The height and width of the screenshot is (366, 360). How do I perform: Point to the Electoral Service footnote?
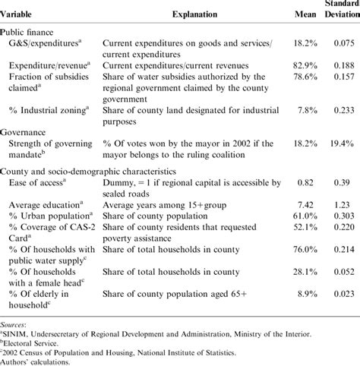coord(30,342)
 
